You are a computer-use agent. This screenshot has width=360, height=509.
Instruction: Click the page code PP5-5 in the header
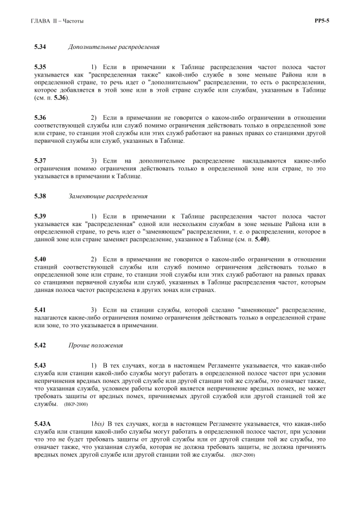coord(322,21)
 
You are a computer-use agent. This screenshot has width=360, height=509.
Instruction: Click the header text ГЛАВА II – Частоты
coord(59,21)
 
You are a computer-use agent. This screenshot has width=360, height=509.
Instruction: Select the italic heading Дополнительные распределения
coord(114,47)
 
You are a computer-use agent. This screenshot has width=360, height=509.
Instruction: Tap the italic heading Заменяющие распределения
coord(108,196)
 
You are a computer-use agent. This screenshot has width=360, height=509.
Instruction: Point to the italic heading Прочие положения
coord(96,345)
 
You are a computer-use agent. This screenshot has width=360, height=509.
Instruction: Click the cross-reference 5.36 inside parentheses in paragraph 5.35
coord(60,98)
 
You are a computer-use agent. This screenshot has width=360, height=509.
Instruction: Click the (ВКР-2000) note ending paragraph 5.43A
coord(242,454)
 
